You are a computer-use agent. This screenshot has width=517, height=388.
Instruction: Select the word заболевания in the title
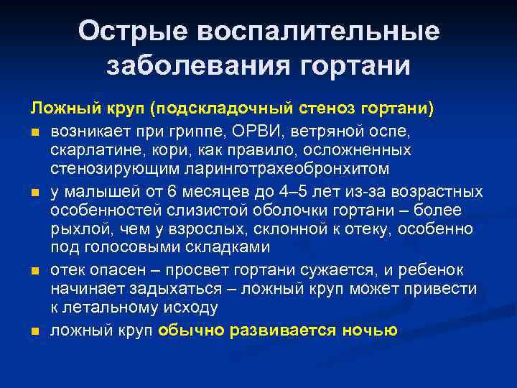pyautogui.click(x=193, y=66)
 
